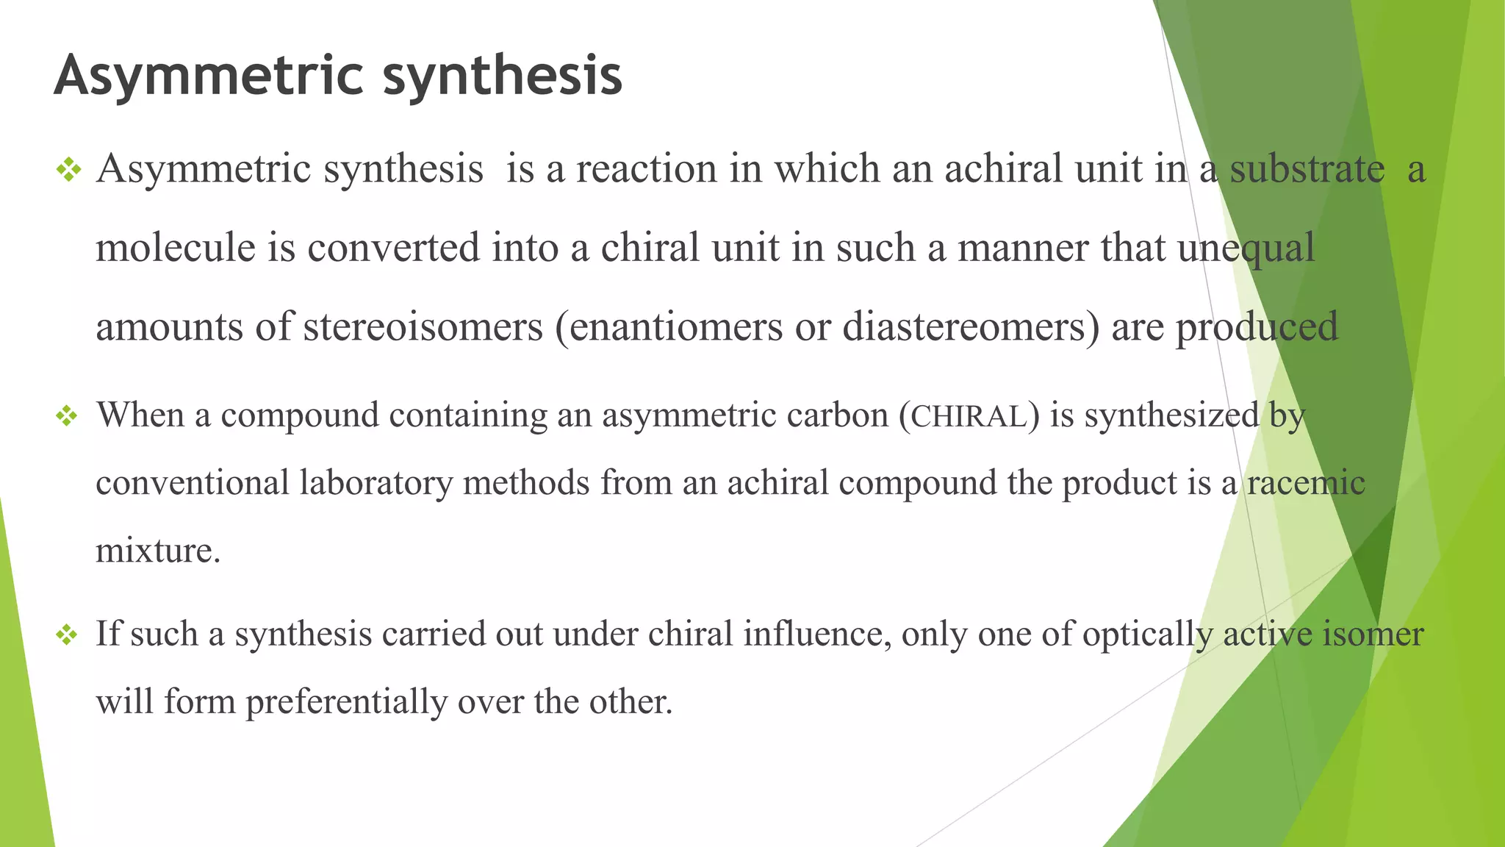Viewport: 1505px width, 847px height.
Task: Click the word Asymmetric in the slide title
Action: [209, 76]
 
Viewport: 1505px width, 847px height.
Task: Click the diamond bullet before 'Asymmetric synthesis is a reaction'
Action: [68, 171]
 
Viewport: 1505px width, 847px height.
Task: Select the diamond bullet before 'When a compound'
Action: [67, 416]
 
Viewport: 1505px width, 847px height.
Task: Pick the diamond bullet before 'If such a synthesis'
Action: [67, 635]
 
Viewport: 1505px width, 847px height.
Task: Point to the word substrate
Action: [1307, 169]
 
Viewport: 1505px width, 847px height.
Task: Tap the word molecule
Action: [176, 247]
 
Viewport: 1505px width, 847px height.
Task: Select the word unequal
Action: [1246, 249]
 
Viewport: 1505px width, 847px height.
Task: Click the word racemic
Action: [1306, 483]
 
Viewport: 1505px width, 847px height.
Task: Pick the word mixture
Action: [157, 551]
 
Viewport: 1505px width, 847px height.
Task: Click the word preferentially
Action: [346, 702]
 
